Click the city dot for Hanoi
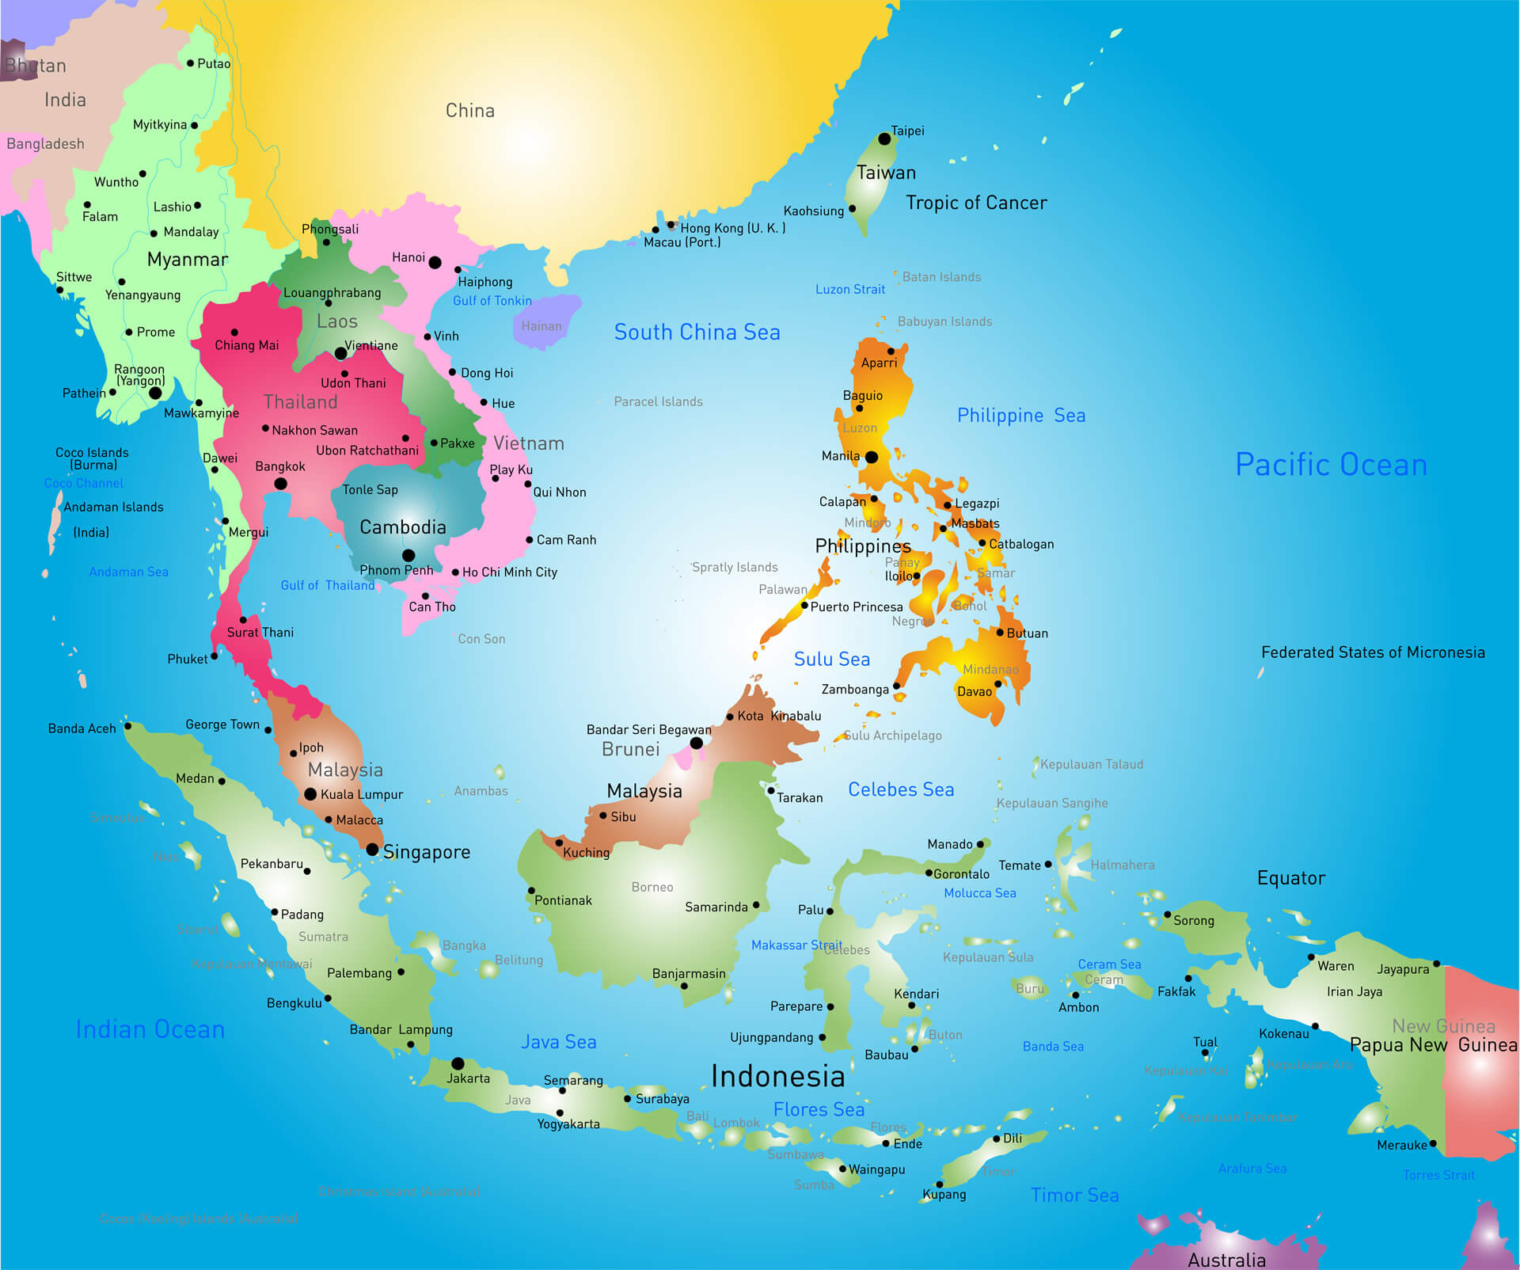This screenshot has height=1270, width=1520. pos(435,262)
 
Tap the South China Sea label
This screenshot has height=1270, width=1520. pos(697,333)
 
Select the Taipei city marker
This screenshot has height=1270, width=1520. pos(884,139)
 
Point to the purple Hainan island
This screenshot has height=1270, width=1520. pos(545,320)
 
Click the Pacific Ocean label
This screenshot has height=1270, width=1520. pos(1331,465)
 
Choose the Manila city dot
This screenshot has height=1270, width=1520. pos(872,457)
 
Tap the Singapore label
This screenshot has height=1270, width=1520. pos(427,852)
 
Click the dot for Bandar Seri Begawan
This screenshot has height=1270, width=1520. pos(696,743)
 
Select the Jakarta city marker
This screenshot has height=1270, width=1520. pos(458,1063)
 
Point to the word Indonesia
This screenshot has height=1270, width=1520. pos(777,1076)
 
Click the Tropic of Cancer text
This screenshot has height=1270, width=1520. pos(976,203)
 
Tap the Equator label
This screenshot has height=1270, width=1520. pos(1290,878)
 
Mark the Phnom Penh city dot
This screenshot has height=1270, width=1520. pos(408,555)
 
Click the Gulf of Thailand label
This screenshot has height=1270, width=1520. pos(327,585)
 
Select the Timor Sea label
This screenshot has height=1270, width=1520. pos(1074,1195)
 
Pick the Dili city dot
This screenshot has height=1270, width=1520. pos(997,1139)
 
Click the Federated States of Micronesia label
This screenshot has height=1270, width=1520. pos(1373,652)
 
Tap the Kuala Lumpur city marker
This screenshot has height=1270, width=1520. pos(310,793)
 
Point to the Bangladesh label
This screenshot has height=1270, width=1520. pos(45,144)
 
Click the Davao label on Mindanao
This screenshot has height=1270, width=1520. pos(974,691)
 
